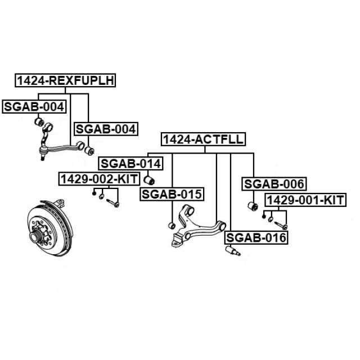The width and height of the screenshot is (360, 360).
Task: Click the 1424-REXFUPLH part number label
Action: click(66, 81)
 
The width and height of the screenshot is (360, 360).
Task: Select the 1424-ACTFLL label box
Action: click(203, 139)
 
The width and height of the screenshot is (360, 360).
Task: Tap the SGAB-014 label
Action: click(131, 164)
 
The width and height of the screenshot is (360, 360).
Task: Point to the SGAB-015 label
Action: click(172, 195)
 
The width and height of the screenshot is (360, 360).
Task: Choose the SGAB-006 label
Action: click(274, 184)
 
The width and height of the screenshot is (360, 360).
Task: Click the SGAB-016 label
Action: click(256, 238)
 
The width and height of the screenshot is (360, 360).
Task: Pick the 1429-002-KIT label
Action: click(100, 179)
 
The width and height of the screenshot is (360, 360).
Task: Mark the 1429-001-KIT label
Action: click(305, 200)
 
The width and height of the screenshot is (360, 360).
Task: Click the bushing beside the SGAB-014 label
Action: click(150, 180)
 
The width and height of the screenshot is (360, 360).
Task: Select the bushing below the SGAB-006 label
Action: click(253, 206)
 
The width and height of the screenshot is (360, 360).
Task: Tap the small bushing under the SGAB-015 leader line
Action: click(173, 226)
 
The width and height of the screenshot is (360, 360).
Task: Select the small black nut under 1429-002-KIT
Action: click(94, 193)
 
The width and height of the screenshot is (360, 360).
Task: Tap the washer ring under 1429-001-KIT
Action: click(271, 219)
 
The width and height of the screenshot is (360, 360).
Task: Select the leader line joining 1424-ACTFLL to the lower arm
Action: click(217, 186)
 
